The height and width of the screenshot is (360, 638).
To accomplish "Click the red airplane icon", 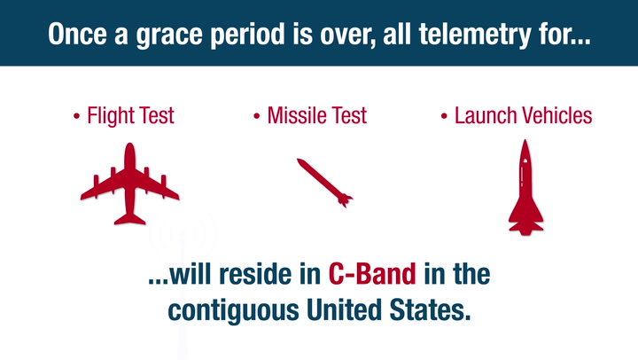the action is pyautogui.click(x=129, y=184).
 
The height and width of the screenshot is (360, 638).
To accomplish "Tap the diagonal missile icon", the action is pyautogui.click(x=324, y=183).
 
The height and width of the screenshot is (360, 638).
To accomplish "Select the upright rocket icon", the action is pyautogui.click(x=525, y=187).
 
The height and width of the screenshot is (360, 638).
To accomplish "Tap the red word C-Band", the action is pyautogui.click(x=372, y=274).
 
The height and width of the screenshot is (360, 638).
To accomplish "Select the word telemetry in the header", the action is pyautogui.click(x=475, y=35).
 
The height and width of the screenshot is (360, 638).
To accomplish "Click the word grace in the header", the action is pyautogui.click(x=169, y=35).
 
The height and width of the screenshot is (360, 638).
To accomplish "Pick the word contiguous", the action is pyautogui.click(x=234, y=310).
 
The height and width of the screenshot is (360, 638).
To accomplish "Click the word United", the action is pyautogui.click(x=344, y=309).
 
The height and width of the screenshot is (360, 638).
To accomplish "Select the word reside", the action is pyautogui.click(x=255, y=274).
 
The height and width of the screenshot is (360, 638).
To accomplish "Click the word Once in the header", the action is pyautogui.click(x=77, y=34).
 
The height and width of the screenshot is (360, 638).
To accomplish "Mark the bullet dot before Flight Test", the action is pyautogui.click(x=76, y=116).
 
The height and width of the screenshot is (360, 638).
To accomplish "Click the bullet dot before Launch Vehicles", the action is pyautogui.click(x=444, y=116).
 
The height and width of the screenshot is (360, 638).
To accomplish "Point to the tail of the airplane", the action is pyautogui.click(x=129, y=219).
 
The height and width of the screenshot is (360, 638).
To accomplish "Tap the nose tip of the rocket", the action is pyautogui.click(x=525, y=140).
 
